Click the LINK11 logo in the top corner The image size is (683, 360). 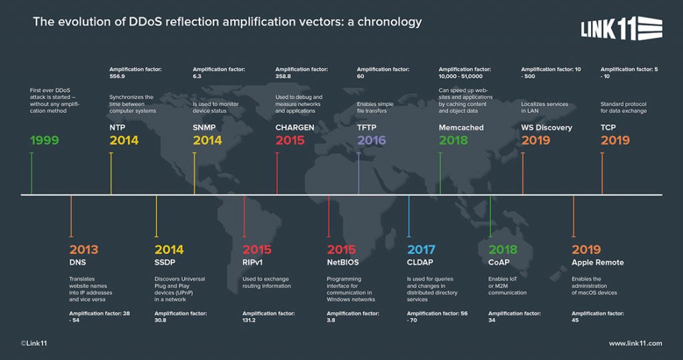tap(621, 29)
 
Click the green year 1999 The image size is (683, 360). tap(45, 141)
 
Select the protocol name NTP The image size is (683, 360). tap(117, 127)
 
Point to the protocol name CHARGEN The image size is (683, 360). tap(295, 127)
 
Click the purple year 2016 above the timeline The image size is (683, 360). tap(372, 141)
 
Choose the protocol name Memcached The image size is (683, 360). tap(461, 127)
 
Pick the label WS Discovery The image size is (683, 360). tap(546, 127)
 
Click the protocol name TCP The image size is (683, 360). tap(608, 127)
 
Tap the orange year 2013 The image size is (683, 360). tap(83, 250)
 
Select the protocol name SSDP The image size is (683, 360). tap(165, 263)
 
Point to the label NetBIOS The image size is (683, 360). tap(343, 263)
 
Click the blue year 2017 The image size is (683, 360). tap(421, 250)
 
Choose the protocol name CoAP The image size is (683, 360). tap(499, 263)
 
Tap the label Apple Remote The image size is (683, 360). tap(598, 263)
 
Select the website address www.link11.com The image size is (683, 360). tap(635, 343)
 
